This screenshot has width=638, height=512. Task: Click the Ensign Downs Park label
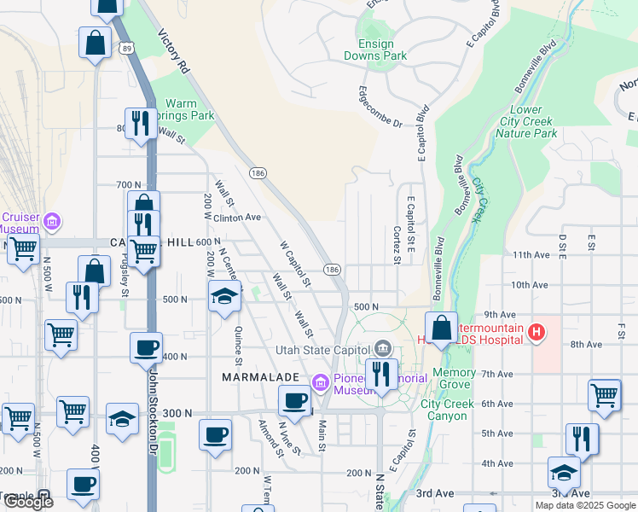coord(375,48)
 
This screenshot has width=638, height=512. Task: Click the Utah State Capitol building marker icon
coord(382,348)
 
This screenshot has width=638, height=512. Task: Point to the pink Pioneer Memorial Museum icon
coord(321,381)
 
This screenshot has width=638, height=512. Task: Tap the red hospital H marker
coord(536,330)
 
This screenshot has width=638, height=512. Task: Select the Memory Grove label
coord(454,379)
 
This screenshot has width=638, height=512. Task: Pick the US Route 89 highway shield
coord(126,48)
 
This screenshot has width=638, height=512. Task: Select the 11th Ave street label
coord(530,255)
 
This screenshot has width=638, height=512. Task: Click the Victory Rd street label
coord(174,52)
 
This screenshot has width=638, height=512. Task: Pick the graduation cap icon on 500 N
coord(224,296)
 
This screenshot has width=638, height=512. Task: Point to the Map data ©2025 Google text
coord(584,505)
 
